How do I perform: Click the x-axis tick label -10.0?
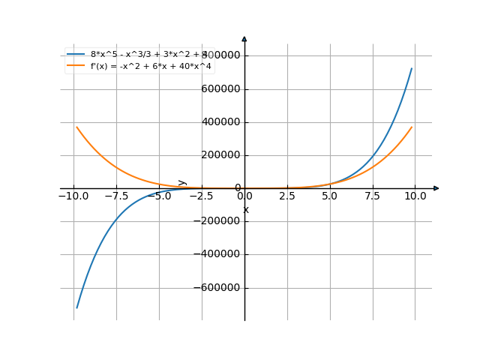[73, 196]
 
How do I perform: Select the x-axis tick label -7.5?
[115, 196]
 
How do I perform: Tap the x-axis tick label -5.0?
[158, 196]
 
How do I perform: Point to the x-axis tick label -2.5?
[201, 196]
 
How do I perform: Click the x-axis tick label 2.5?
[286, 196]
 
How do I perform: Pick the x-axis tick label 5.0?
[329, 196]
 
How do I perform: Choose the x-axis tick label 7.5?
[372, 196]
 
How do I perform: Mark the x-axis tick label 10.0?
[415, 196]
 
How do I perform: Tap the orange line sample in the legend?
[76, 66]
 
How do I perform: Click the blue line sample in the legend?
[76, 55]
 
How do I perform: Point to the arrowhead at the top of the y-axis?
[244, 38]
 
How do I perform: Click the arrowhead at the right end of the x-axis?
[436, 188]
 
